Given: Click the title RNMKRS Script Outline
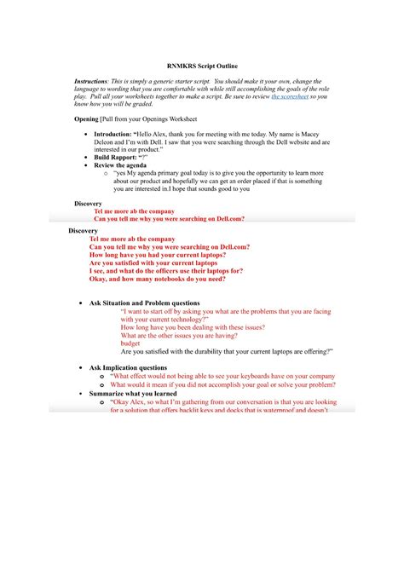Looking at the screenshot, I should [202, 65].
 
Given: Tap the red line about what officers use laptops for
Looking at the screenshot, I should [161, 271].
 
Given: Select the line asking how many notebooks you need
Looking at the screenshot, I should [157, 279].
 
